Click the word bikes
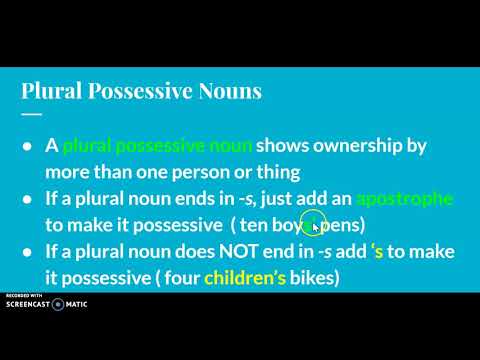[307, 276]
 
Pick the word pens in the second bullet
[347, 222]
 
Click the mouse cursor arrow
[317, 227]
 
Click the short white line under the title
[31, 113]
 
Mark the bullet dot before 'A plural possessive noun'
[27, 146]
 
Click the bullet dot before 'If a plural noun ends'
[27, 200]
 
